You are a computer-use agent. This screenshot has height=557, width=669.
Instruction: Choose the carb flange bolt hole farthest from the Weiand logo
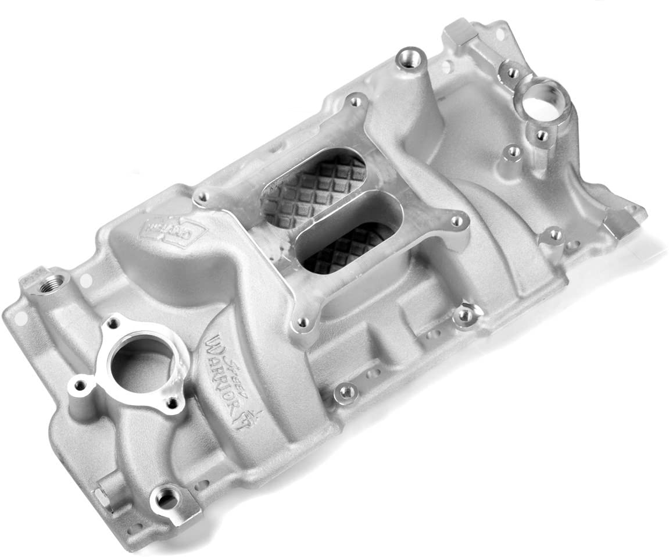(x=457, y=221)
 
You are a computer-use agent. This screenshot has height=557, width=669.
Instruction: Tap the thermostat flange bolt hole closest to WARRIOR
(x=173, y=401)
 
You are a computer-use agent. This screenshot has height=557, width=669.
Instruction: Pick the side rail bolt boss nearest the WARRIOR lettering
(x=346, y=393)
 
